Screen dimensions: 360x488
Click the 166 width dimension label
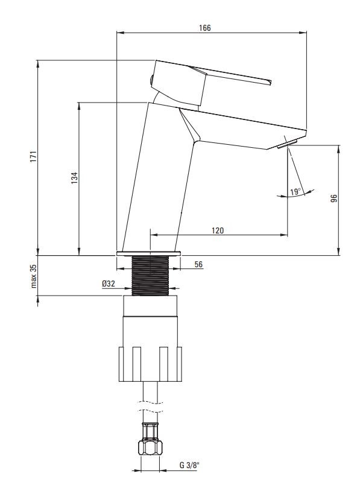[205, 28]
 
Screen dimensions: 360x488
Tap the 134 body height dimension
[74, 178]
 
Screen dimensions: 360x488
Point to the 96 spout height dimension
[334, 198]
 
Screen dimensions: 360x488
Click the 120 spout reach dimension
[218, 230]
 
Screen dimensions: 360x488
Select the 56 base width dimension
[198, 265]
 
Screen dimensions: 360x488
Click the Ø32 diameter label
[109, 284]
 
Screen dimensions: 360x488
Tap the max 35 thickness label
[34, 276]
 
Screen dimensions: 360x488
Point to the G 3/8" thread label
[189, 465]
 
